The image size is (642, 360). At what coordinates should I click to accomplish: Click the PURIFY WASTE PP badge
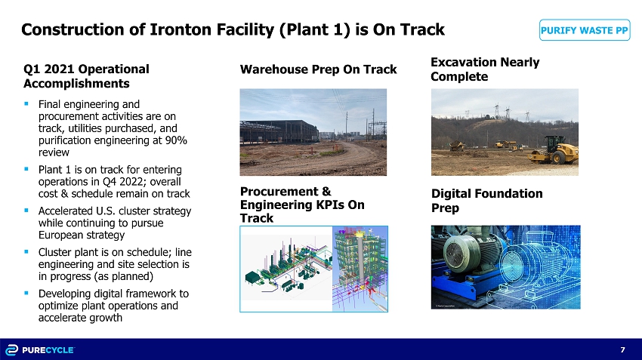tap(585, 30)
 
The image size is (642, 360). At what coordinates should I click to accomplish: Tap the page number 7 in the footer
tap(623, 349)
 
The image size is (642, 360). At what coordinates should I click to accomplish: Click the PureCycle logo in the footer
tap(40, 349)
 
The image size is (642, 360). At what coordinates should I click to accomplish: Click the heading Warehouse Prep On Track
tap(318, 69)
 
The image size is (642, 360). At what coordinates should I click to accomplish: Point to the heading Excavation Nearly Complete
tap(485, 69)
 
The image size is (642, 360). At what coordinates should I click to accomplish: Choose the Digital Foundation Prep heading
tap(487, 201)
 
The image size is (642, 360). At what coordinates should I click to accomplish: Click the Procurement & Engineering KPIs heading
tap(302, 205)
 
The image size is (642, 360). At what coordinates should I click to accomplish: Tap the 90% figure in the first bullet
tap(176, 140)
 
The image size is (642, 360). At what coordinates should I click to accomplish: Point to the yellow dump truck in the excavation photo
tap(457, 146)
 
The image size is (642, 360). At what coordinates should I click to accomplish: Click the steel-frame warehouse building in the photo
tap(279, 131)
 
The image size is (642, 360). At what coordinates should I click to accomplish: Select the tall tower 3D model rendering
tap(360, 269)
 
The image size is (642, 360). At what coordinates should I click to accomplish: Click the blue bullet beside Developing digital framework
tap(26, 293)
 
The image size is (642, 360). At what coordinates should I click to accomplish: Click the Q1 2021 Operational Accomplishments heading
tap(86, 76)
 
